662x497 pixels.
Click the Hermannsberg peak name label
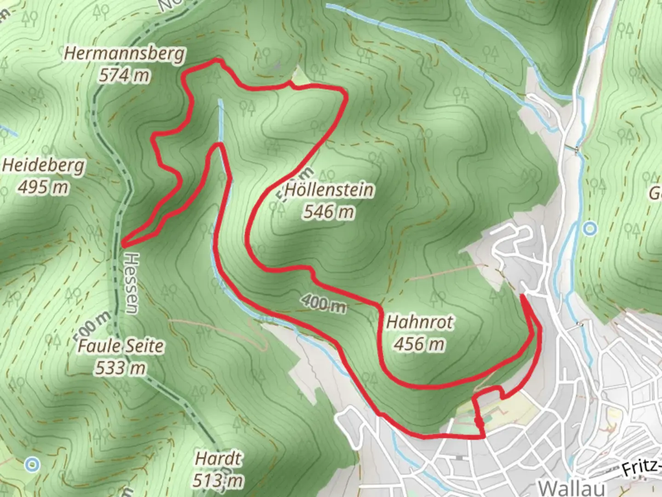pyautogui.click(x=124, y=53)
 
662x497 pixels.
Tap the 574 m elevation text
pyautogui.click(x=124, y=75)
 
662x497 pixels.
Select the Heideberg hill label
pyautogui.click(x=44, y=165)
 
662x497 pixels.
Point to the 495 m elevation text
pyautogui.click(x=44, y=187)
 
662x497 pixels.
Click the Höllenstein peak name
pyautogui.click(x=329, y=190)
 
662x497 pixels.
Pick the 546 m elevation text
pyautogui.click(x=329, y=212)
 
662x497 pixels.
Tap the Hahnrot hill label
pyautogui.click(x=419, y=322)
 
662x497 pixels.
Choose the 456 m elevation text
pyautogui.click(x=419, y=343)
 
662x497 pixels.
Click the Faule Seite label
pyautogui.click(x=120, y=346)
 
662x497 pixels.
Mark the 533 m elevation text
pyautogui.click(x=120, y=368)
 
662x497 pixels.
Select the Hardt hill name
pyautogui.click(x=218, y=459)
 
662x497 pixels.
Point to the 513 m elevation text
pyautogui.click(x=218, y=480)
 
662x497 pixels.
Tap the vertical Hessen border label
pyautogui.click(x=131, y=283)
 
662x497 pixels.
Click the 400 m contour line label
pyautogui.click(x=324, y=303)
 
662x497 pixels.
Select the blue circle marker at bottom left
pyautogui.click(x=32, y=464)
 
